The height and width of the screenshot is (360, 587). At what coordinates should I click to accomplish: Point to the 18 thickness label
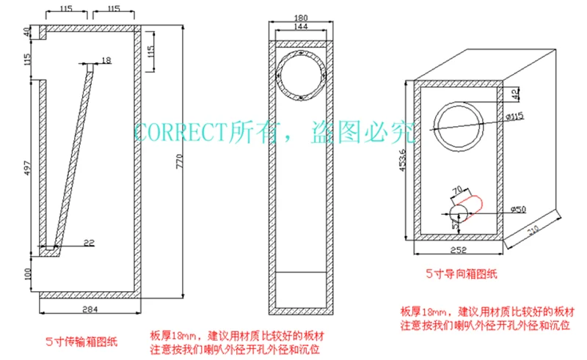[x=106, y=59]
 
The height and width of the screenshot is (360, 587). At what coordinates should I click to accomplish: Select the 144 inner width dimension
[x=301, y=26]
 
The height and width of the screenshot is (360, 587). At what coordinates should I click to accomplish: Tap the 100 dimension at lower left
[x=27, y=273]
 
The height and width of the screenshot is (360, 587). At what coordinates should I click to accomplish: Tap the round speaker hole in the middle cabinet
[x=300, y=75]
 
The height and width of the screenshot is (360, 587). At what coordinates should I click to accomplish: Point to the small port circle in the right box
[x=459, y=213]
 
